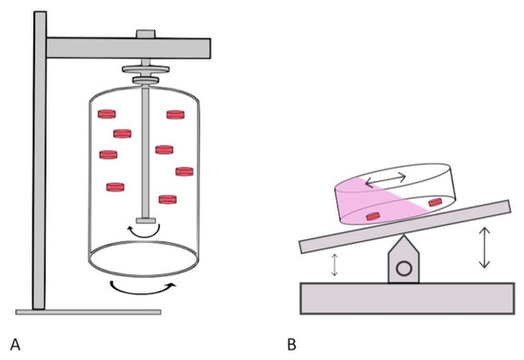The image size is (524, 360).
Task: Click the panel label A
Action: coord(15,345)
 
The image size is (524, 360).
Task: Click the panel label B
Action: coord(292,345)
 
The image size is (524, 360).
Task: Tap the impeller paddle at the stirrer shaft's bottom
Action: coord(146,220)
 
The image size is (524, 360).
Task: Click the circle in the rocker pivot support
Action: coord(404,269)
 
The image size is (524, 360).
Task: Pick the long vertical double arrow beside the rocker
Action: coord(484,248)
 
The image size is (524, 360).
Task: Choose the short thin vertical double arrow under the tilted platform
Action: coord(334,265)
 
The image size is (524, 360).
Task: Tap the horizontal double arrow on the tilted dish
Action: coord(386,180)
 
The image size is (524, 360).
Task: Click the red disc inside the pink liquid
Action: coord(373,216)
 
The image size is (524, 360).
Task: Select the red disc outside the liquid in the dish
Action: coord(435,202)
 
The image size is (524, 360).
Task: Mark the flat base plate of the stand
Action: coord(89,312)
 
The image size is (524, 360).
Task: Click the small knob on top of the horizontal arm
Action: coord(146,34)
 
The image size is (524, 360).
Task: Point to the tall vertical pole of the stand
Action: coord(39,160)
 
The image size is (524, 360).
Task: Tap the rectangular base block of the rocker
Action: coord(407,298)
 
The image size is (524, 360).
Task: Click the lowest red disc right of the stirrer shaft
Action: coord(168,199)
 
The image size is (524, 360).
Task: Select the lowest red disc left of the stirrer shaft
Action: coord(115,187)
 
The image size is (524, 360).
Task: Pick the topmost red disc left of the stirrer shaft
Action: coord(107,114)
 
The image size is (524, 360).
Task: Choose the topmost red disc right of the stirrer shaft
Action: coord(175,114)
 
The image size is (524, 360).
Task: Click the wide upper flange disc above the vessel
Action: coord(146,70)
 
